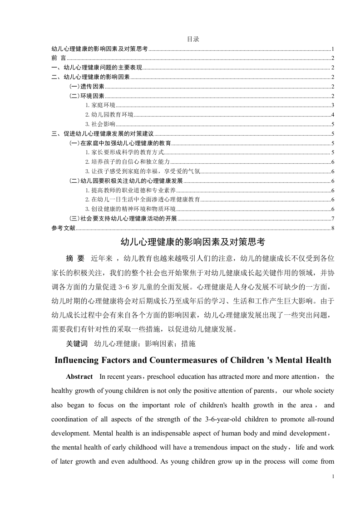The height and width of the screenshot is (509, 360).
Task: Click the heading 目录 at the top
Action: (x=193, y=39)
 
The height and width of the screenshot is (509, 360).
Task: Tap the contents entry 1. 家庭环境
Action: (x=97, y=105)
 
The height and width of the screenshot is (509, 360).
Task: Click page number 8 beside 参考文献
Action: (x=333, y=228)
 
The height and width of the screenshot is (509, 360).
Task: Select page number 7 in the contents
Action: (x=333, y=219)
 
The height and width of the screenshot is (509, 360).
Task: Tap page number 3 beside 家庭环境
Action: (x=333, y=105)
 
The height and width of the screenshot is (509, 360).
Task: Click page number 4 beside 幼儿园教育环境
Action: (x=333, y=115)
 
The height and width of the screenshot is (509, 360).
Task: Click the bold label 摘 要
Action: (x=75, y=259)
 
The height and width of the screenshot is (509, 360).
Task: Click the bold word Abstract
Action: (x=79, y=377)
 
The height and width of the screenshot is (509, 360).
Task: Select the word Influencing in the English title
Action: (x=80, y=361)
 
